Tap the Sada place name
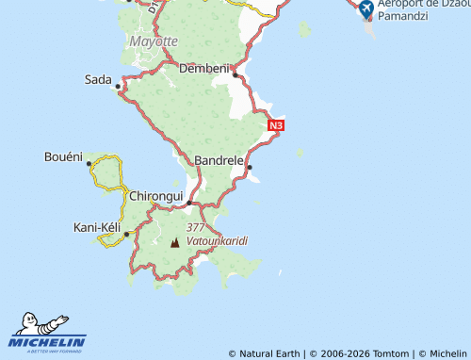click(x=98, y=79)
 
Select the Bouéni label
click(x=63, y=155)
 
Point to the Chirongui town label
click(x=155, y=195)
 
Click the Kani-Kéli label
click(x=99, y=227)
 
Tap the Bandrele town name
click(x=219, y=160)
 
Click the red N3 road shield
click(x=276, y=125)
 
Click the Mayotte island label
click(x=153, y=41)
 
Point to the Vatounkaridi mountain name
click(x=217, y=241)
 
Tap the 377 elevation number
click(x=196, y=228)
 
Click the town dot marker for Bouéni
click(x=89, y=163)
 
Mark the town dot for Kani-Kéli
click(x=126, y=234)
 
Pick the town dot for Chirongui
click(x=189, y=203)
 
